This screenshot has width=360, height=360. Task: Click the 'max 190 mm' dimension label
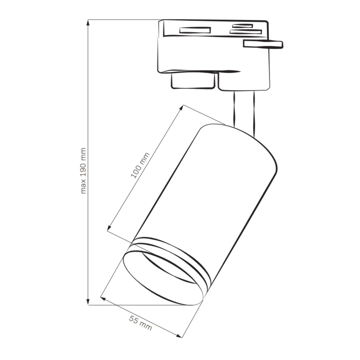(x=83, y=171)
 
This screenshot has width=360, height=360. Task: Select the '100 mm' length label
(x=140, y=165)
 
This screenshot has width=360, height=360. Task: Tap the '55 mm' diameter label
(x=140, y=323)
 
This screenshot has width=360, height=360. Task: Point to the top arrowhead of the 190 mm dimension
(x=88, y=23)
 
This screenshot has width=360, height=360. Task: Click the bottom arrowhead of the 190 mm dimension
(x=88, y=302)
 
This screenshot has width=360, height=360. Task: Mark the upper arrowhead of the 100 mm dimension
(x=182, y=108)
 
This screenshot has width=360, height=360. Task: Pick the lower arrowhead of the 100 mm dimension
(x=109, y=228)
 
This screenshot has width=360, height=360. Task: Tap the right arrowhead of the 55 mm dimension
(x=179, y=336)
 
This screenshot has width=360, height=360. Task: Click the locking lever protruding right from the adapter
(x=263, y=44)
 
